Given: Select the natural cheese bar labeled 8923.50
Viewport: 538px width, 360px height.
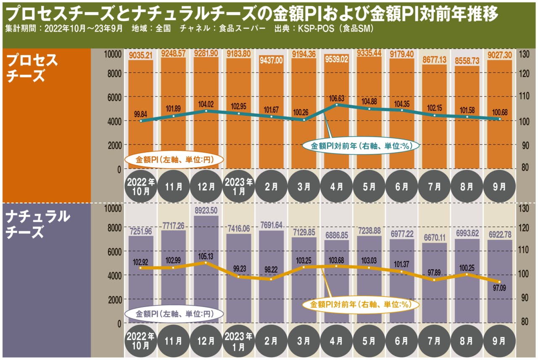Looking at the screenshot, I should coord(206,269).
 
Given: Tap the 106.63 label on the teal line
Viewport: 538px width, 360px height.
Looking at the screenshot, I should coord(337,99).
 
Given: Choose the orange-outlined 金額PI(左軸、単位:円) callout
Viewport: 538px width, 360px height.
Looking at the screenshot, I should coord(173,160).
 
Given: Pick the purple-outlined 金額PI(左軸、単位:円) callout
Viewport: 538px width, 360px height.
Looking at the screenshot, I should coord(173,314).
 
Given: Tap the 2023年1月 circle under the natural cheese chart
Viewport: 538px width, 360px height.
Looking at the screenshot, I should coord(239,341).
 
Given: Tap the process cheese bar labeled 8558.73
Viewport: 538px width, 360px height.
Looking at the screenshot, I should coord(467,118).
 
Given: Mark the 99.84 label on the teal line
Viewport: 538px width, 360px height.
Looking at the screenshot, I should coord(140,113).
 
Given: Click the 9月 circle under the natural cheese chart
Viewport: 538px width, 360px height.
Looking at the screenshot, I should coord(499,341).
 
